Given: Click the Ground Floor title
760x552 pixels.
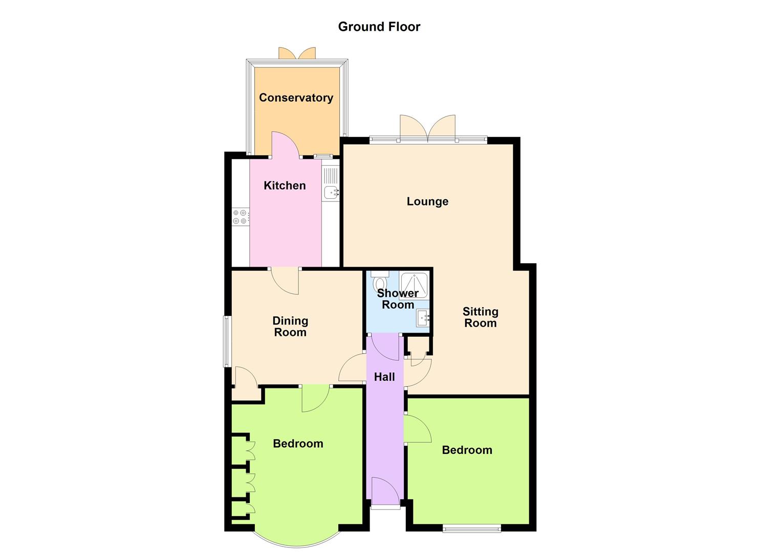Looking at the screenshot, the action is [x=379, y=27].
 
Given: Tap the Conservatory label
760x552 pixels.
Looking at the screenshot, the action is [x=296, y=98].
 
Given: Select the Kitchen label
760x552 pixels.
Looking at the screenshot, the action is [x=285, y=186].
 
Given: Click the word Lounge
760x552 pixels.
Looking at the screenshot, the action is [x=427, y=201].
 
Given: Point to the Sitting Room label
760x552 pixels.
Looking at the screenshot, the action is [x=481, y=317].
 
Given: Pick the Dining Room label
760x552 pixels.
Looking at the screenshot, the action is [x=290, y=326].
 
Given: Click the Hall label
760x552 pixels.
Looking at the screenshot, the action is [x=384, y=377].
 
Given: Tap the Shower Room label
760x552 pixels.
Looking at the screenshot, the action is [x=398, y=298].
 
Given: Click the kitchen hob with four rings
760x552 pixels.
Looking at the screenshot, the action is [x=240, y=217].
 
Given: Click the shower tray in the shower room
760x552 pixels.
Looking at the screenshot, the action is [x=414, y=285].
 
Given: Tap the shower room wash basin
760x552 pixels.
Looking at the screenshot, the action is [x=423, y=318].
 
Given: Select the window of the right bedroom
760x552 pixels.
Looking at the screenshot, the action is [x=472, y=528].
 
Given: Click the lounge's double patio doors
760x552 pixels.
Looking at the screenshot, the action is [x=428, y=129].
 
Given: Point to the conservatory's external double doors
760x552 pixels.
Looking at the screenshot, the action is [x=297, y=53].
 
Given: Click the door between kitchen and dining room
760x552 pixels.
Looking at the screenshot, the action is [x=285, y=281].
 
